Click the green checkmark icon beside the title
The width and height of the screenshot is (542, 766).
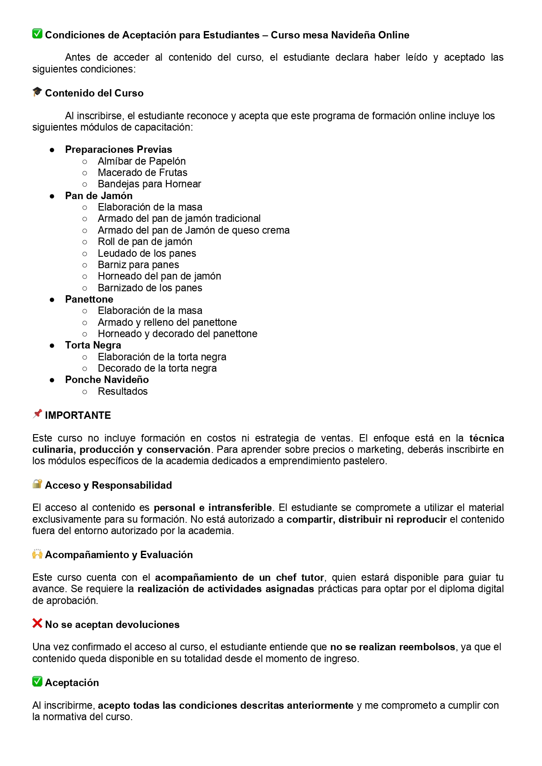click(x=37, y=34)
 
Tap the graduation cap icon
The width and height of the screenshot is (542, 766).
click(x=37, y=92)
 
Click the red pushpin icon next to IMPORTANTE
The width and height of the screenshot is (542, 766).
click(x=37, y=414)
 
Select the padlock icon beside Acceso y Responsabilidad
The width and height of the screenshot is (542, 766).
click(x=37, y=484)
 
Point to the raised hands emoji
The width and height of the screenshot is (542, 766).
click(x=37, y=554)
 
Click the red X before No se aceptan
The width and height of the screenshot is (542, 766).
click(x=37, y=623)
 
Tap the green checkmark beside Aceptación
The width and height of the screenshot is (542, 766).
click(x=37, y=681)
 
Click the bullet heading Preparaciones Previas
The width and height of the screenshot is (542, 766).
click(x=118, y=149)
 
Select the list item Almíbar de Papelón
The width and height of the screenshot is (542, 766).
click(x=142, y=161)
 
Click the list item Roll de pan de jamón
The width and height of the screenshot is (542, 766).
click(x=145, y=242)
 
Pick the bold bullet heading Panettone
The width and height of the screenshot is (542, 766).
click(x=89, y=299)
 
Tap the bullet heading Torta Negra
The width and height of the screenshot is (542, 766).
click(x=93, y=345)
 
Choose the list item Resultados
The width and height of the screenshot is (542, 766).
click(x=123, y=391)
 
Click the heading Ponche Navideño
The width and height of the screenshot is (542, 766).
click(x=107, y=380)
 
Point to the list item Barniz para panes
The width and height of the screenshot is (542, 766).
click(x=138, y=265)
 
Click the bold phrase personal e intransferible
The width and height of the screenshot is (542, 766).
click(x=213, y=507)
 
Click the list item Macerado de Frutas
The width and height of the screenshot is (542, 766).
click(x=142, y=173)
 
